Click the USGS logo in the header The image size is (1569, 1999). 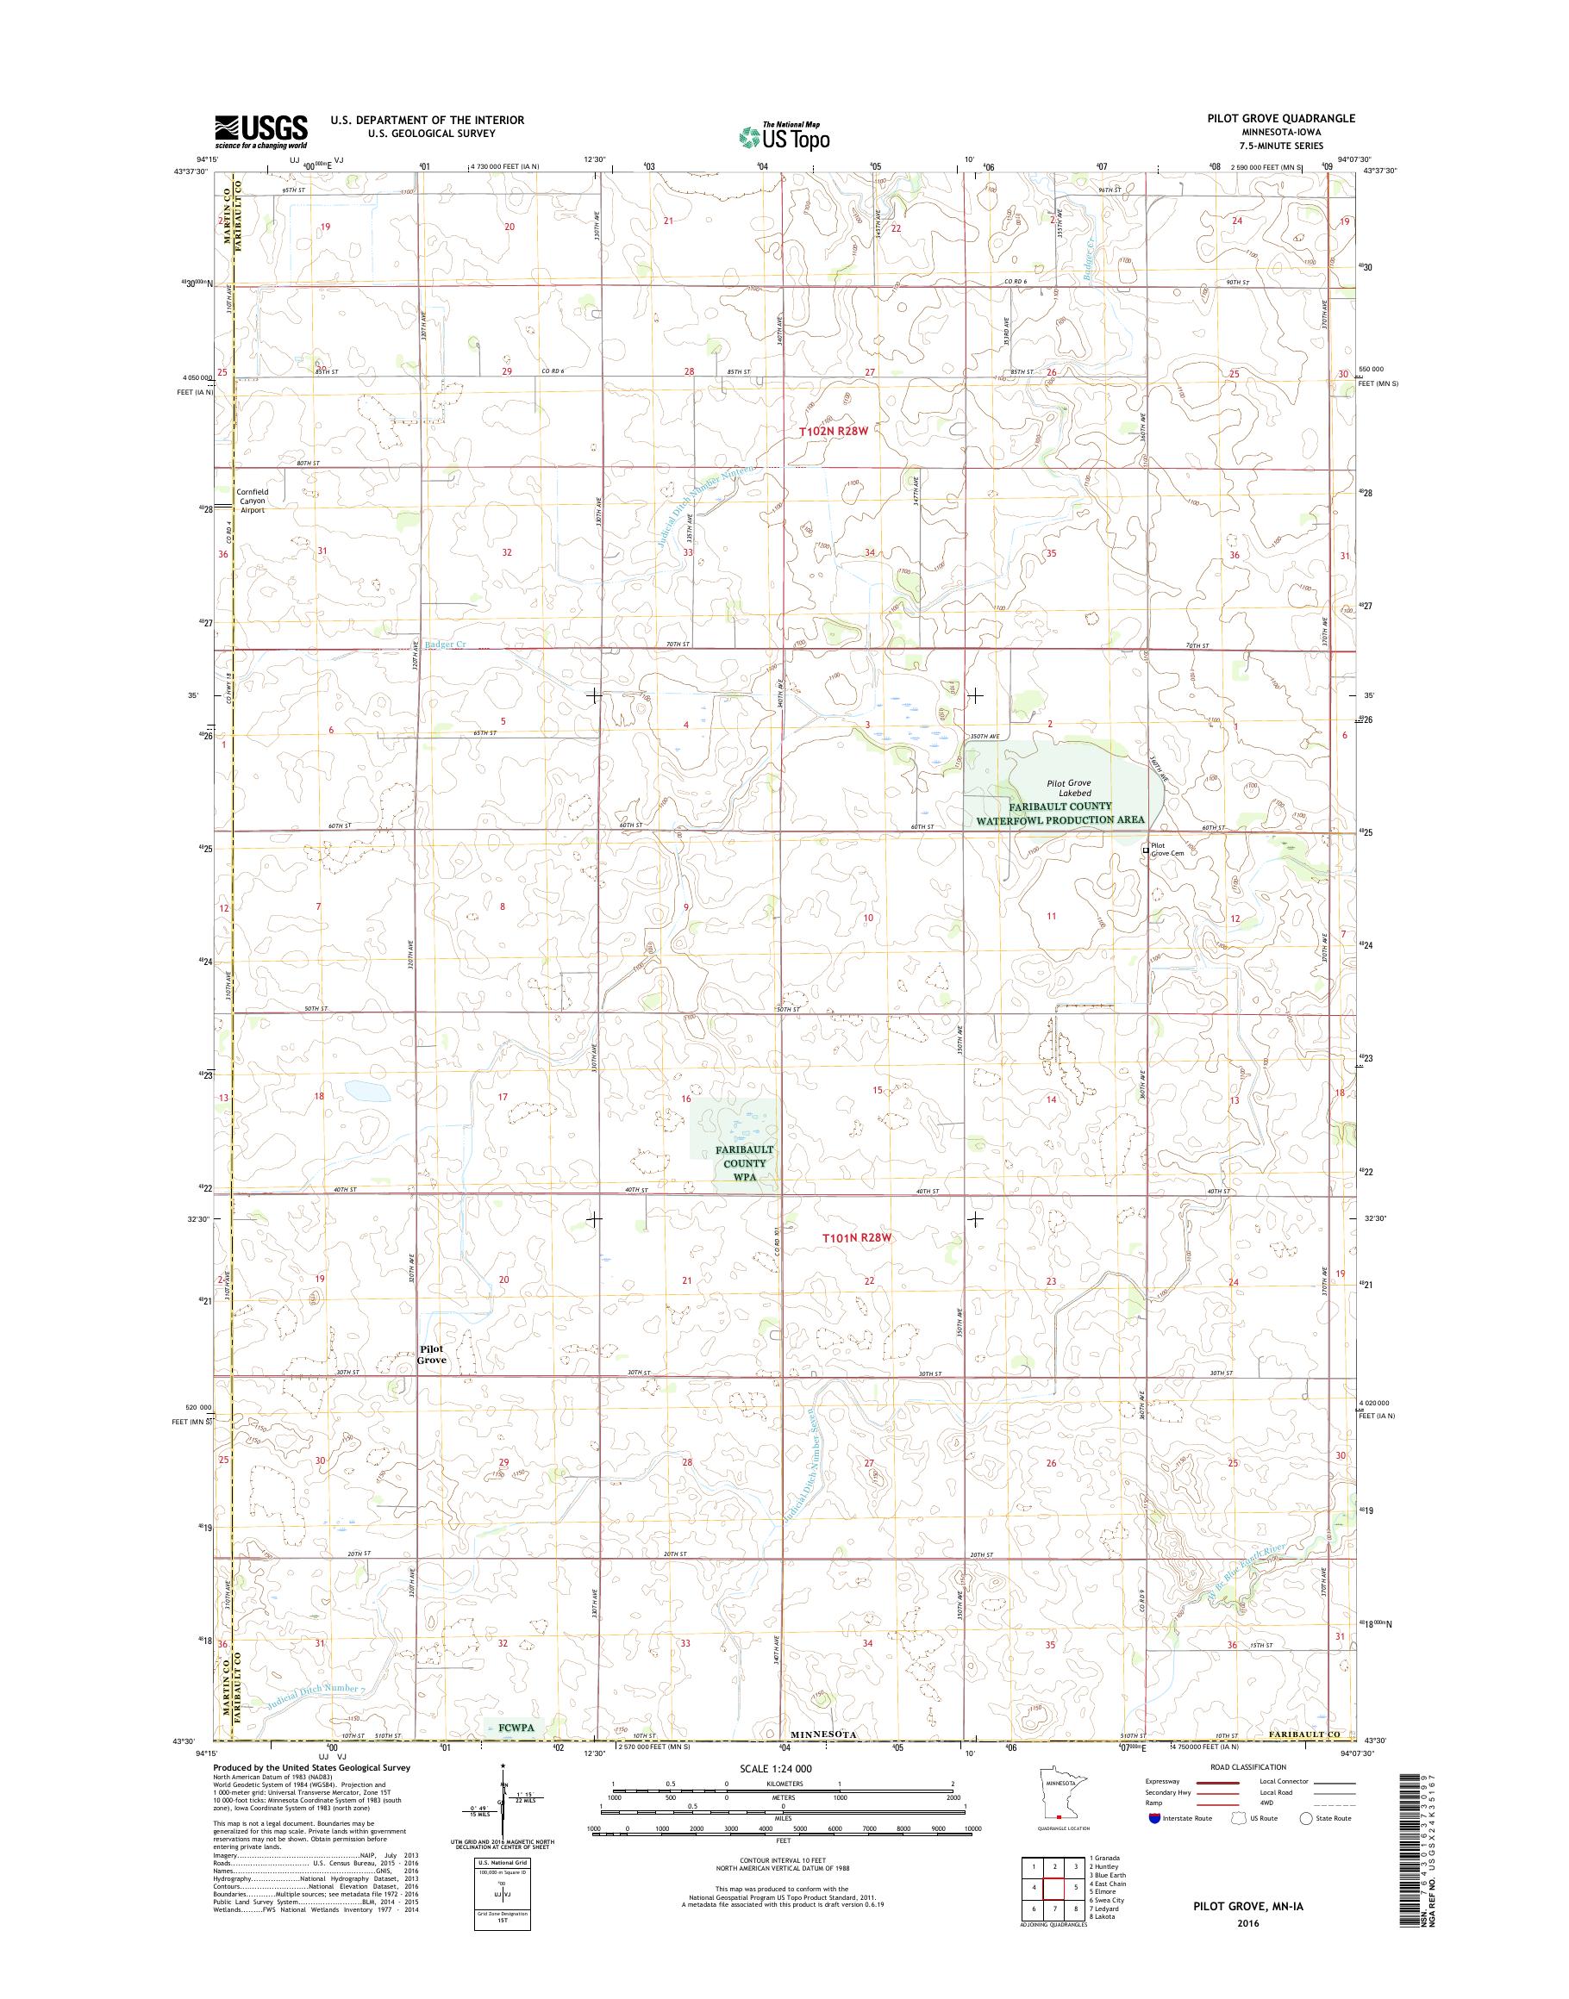pyautogui.click(x=261, y=131)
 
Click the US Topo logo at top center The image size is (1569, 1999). pyautogui.click(x=784, y=136)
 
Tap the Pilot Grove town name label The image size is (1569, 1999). pyautogui.click(x=432, y=1354)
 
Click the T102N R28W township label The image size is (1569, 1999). pyautogui.click(x=833, y=430)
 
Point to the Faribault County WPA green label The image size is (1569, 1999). pyautogui.click(x=744, y=1162)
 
